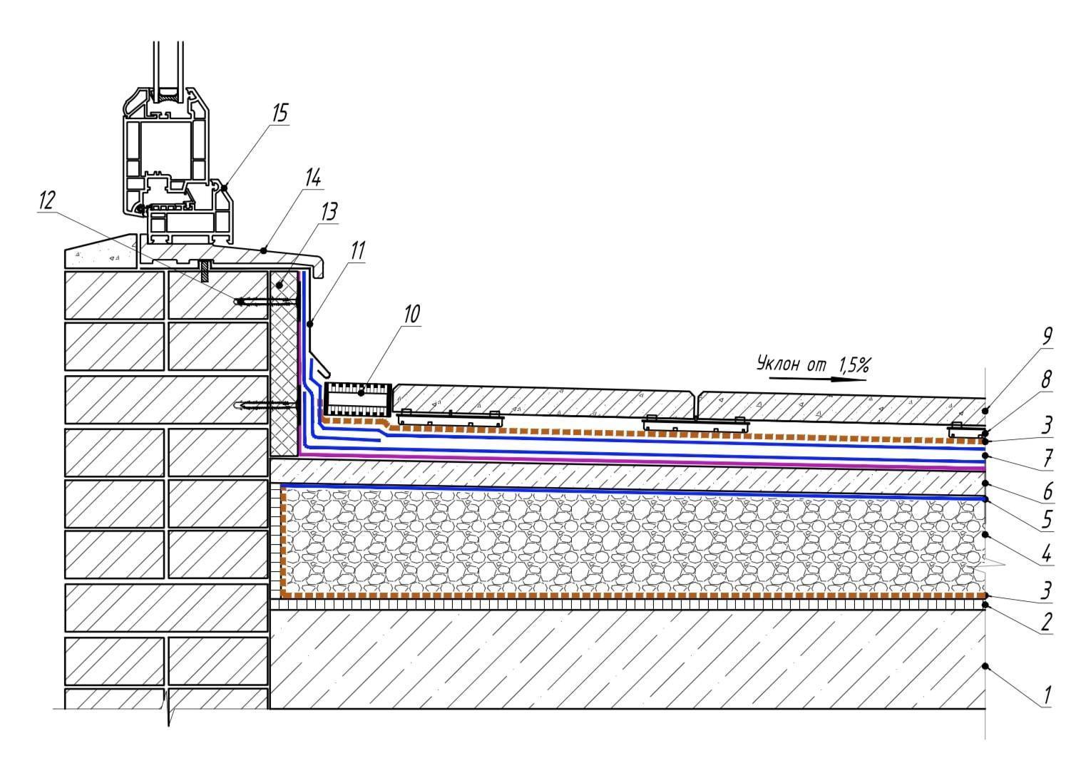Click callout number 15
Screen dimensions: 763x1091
pyautogui.click(x=280, y=113)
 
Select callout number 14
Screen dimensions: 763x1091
pyautogui.click(x=313, y=178)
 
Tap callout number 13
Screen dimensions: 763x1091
pyautogui.click(x=329, y=212)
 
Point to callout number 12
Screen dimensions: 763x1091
pyautogui.click(x=46, y=200)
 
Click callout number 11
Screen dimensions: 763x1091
pyautogui.click(x=357, y=250)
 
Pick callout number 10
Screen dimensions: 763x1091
pyautogui.click(x=411, y=314)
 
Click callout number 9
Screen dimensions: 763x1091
pyautogui.click(x=1047, y=336)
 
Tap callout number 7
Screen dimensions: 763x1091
pyautogui.click(x=1047, y=458)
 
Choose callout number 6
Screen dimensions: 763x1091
pyautogui.click(x=1047, y=491)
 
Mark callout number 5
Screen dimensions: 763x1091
pyautogui.click(x=1047, y=519)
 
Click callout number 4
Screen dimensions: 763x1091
pyautogui.click(x=1047, y=553)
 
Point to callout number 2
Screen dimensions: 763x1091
pyautogui.click(x=1047, y=622)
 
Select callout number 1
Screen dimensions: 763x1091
pyautogui.click(x=1047, y=695)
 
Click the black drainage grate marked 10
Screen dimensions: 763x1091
pyautogui.click(x=357, y=400)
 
